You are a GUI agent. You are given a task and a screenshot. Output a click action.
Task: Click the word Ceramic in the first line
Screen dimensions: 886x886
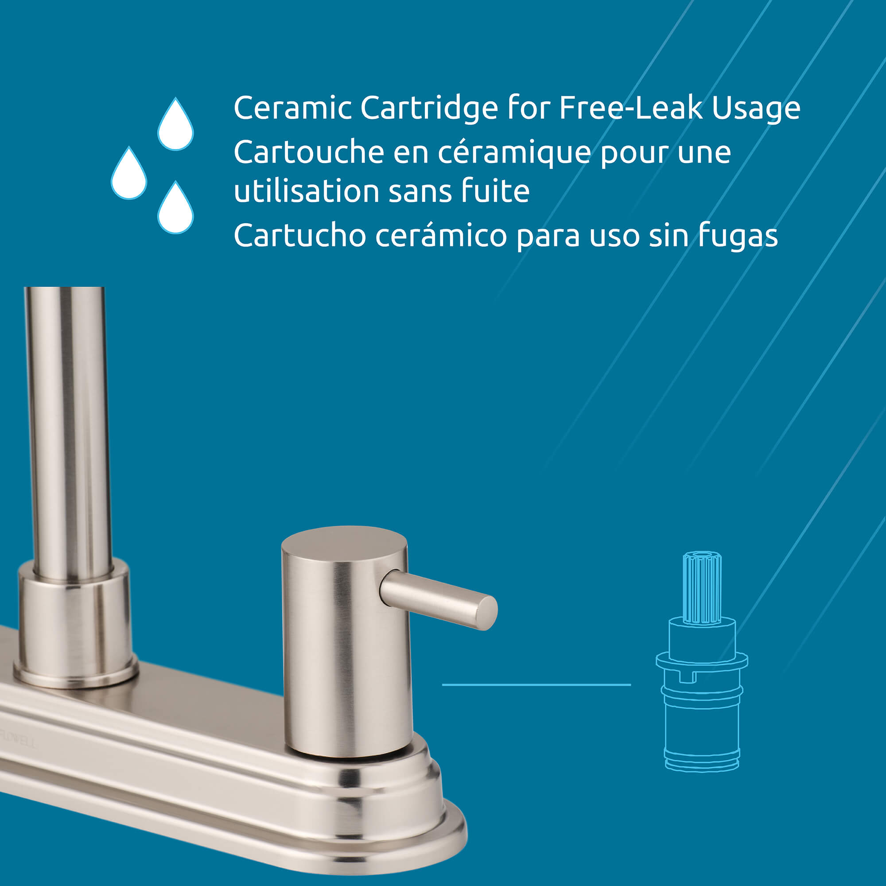[x=292, y=108]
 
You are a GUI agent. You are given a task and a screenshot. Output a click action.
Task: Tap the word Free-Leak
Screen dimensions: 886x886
[x=631, y=108]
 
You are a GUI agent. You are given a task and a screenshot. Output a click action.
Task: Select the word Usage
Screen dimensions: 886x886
[x=756, y=109]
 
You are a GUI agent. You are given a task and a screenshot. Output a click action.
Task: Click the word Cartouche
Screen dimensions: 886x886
[x=309, y=152]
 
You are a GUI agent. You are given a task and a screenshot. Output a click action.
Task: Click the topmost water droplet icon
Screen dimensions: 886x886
[x=175, y=126]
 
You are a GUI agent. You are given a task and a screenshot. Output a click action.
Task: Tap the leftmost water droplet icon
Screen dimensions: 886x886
[x=129, y=175]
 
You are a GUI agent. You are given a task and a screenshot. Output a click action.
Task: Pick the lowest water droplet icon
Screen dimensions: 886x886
[x=175, y=210]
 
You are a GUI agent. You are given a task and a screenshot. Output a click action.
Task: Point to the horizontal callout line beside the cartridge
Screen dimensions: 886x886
[x=536, y=685]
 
